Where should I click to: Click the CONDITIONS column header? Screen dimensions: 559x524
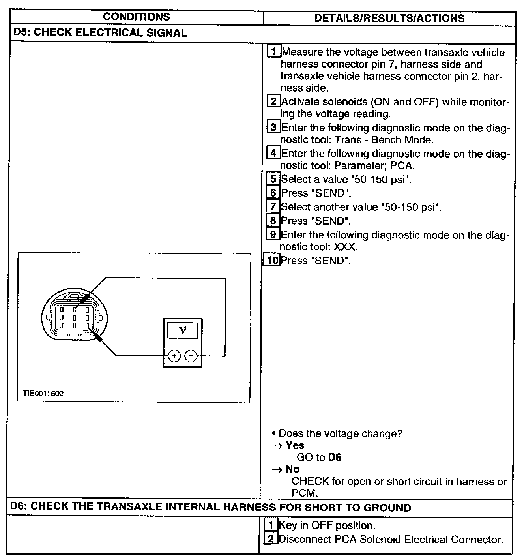pos(137,17)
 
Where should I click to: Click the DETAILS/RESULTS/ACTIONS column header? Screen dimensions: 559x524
pos(389,18)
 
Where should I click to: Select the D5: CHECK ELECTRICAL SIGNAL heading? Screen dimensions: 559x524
pos(100,33)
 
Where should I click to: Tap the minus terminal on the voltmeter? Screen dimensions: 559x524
pos(191,356)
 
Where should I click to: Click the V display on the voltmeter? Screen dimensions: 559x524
pos(183,330)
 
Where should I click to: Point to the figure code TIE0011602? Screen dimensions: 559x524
pos(43,393)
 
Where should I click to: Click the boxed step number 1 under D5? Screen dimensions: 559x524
pos(274,52)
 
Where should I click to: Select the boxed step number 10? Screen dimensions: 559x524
pos(271,260)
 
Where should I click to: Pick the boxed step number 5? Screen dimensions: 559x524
pos(273,179)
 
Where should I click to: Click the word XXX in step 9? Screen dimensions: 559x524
pos(345,247)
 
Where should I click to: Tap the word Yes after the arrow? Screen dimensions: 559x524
pos(295,445)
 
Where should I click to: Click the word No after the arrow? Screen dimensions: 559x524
pos(292,469)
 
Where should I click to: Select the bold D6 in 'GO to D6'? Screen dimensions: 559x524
pos(335,457)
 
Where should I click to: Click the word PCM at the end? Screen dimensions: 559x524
pos(304,493)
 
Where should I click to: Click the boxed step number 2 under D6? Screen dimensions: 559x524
pos(271,539)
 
